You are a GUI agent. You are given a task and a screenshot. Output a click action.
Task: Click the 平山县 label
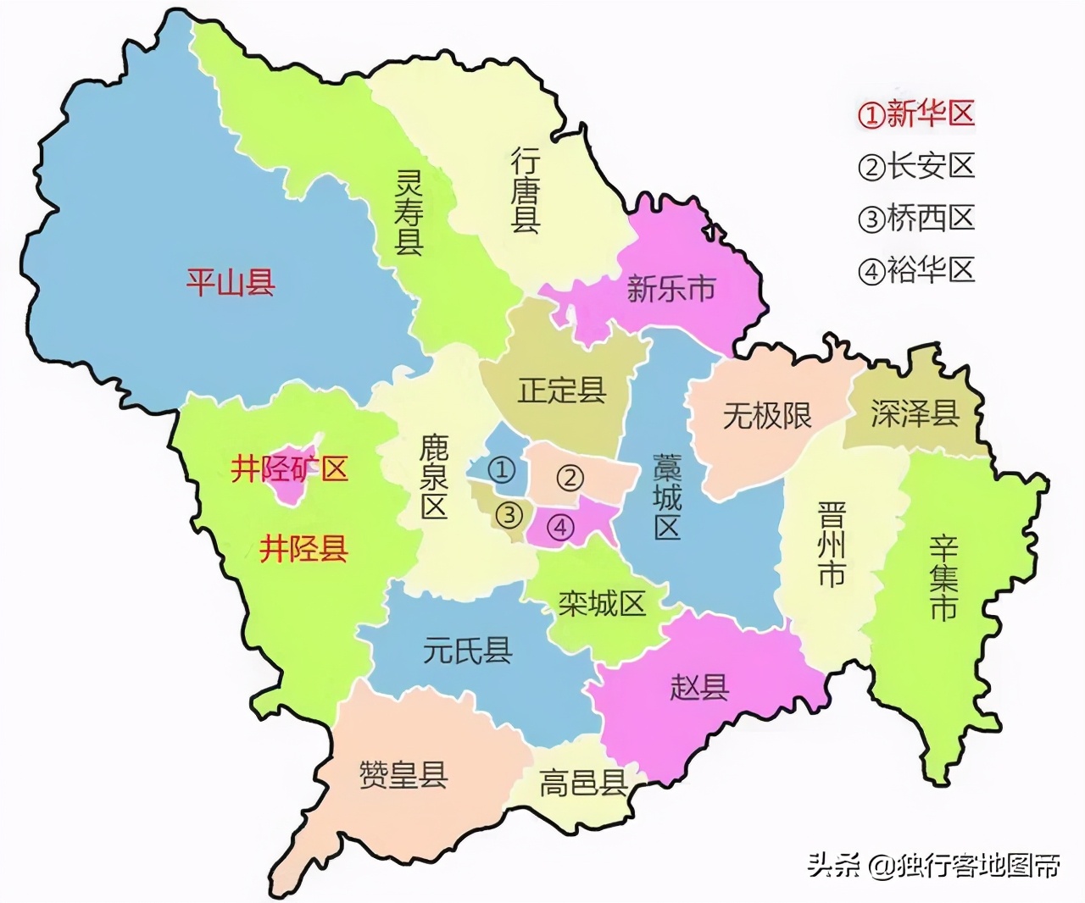pyautogui.click(x=231, y=282)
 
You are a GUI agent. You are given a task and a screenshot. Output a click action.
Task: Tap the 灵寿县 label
pyautogui.click(x=409, y=213)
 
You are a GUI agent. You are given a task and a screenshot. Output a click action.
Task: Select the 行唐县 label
pyautogui.click(x=526, y=191)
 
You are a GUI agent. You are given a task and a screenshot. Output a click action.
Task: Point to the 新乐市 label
pyautogui.click(x=670, y=289)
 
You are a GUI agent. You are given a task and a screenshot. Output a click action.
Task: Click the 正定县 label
pyautogui.click(x=562, y=391)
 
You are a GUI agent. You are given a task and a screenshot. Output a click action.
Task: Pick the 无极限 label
pyautogui.click(x=767, y=416)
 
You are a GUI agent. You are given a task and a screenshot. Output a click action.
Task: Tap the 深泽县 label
pyautogui.click(x=915, y=413)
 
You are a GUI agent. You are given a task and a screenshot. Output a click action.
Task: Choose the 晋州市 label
pyautogui.click(x=831, y=545)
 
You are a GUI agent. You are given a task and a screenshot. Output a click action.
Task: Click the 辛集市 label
pyautogui.click(x=943, y=578)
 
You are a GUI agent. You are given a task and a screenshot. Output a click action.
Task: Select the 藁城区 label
pyautogui.click(x=667, y=497)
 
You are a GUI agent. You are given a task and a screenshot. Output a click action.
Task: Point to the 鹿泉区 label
pyautogui.click(x=434, y=477)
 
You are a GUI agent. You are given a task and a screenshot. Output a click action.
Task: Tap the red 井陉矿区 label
pyautogui.click(x=289, y=468)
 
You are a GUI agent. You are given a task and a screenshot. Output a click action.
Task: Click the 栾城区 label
pyautogui.click(x=602, y=603)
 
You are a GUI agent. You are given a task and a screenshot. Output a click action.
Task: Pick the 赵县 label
pyautogui.click(x=699, y=686)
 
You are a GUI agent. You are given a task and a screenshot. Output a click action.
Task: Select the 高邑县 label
pyautogui.click(x=583, y=783)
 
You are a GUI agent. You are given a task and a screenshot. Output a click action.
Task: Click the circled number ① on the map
pyautogui.click(x=502, y=468)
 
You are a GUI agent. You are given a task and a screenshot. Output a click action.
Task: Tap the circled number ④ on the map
pyautogui.click(x=560, y=527)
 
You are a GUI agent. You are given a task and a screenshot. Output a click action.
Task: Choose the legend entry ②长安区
pyautogui.click(x=916, y=166)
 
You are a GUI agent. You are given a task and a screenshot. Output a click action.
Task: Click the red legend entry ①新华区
pyautogui.click(x=916, y=114)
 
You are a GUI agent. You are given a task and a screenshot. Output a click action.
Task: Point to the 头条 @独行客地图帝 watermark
pyautogui.click(x=933, y=865)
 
